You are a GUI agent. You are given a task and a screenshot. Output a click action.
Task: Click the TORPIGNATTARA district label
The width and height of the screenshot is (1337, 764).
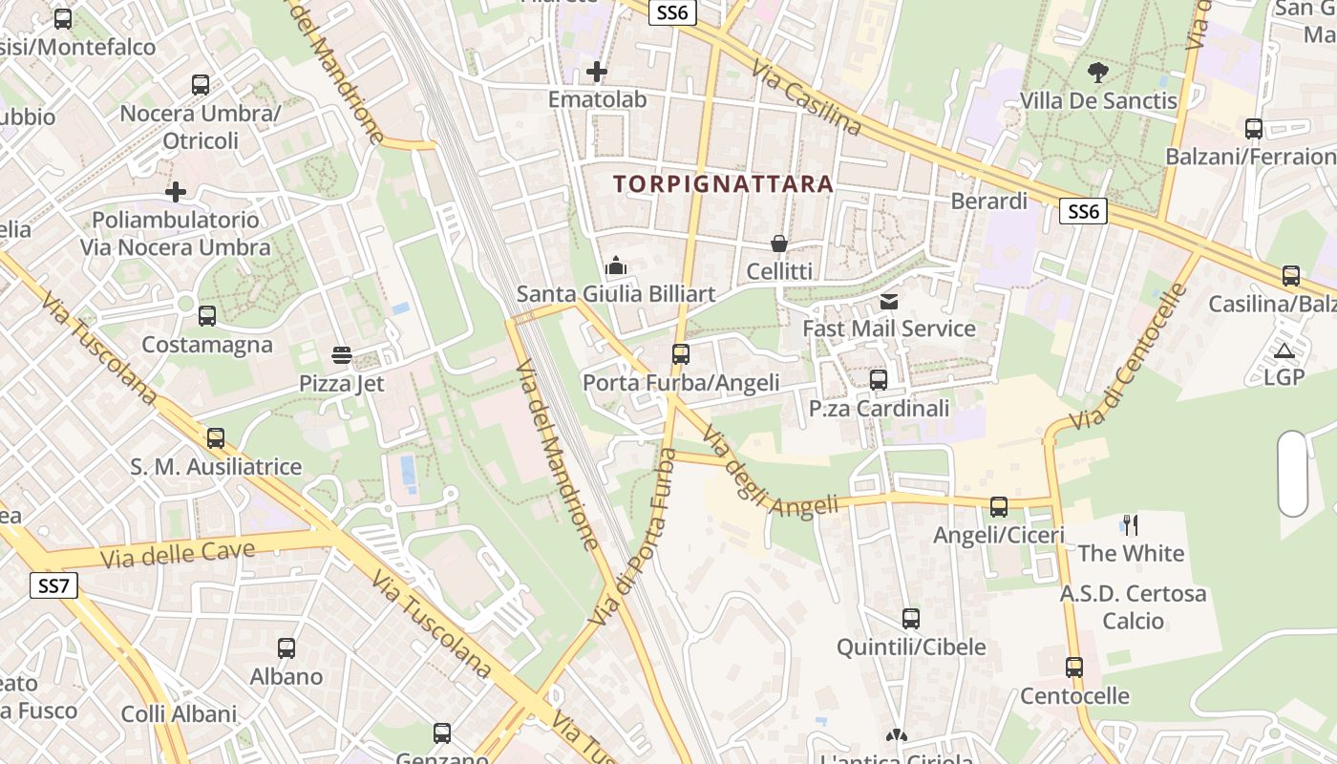(x=723, y=183)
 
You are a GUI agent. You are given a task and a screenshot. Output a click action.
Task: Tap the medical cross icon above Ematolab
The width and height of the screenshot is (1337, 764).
(x=597, y=72)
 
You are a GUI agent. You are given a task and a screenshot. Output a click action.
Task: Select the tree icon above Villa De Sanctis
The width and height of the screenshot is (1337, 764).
(x=1098, y=72)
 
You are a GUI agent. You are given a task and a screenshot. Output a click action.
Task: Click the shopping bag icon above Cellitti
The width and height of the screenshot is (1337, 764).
(x=779, y=244)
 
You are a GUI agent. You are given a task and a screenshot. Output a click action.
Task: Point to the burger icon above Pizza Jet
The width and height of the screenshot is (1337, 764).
(x=342, y=356)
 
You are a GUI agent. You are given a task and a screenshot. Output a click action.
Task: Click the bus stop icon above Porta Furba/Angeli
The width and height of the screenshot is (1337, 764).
(x=681, y=354)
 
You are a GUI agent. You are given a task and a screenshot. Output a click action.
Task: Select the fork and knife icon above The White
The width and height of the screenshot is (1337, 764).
(x=1131, y=524)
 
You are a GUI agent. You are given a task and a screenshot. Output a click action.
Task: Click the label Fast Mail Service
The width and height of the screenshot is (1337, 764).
(x=889, y=329)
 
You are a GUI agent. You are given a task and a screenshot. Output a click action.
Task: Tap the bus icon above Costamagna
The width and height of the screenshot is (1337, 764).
(x=207, y=316)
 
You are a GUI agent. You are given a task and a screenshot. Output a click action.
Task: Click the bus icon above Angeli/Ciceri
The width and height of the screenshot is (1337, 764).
(x=999, y=507)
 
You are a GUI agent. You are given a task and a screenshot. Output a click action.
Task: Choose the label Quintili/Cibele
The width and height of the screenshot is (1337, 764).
(x=911, y=647)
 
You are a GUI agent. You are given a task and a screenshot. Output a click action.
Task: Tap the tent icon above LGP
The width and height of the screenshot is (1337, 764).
(x=1284, y=350)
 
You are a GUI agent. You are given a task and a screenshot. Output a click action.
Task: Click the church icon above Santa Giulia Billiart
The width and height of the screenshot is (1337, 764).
(x=616, y=265)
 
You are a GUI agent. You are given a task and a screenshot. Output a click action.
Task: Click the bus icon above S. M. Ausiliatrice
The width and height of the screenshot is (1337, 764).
(x=216, y=438)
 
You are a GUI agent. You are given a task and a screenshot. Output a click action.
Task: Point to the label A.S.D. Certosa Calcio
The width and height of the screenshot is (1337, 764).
(x=1133, y=607)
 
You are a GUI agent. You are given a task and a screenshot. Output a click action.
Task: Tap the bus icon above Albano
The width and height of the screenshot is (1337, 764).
(x=286, y=648)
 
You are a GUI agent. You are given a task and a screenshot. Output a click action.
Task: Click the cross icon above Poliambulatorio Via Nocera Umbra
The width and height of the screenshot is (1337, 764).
(x=176, y=192)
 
